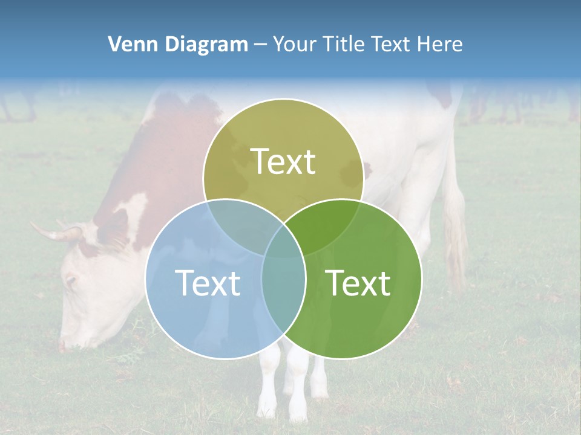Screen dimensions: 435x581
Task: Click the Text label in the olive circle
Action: [x=283, y=161]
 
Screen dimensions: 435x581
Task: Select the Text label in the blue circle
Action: [x=208, y=283]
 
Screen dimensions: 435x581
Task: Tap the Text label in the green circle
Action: [x=358, y=283]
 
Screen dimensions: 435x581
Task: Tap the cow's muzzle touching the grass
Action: [x=67, y=344]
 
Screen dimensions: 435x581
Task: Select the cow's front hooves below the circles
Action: [x=290, y=408]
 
